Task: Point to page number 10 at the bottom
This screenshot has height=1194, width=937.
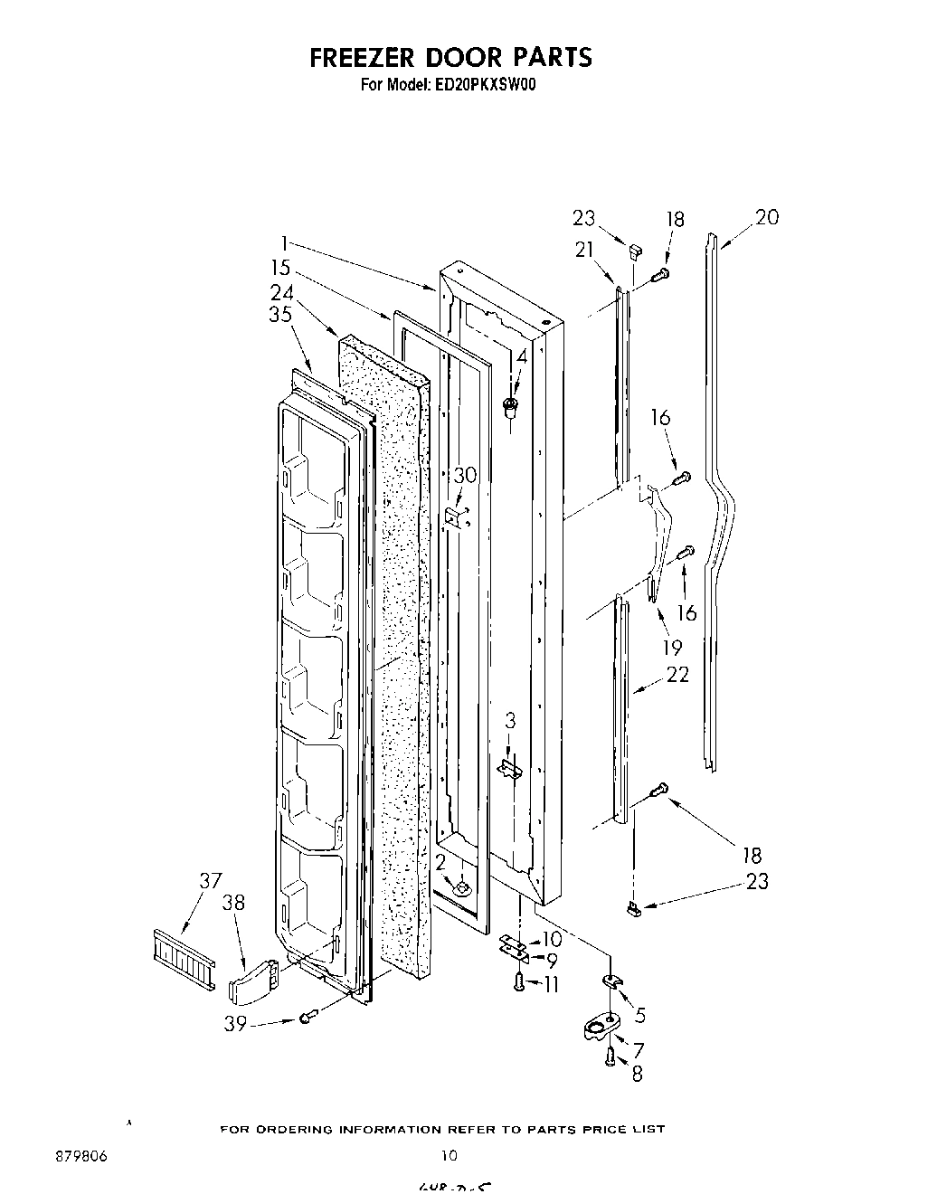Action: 450,1156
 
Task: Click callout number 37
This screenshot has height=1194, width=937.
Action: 210,881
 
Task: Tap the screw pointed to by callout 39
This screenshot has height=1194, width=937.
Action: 307,1019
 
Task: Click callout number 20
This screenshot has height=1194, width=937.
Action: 766,217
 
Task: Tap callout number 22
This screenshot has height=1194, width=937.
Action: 677,674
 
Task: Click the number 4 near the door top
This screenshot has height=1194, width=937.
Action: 520,356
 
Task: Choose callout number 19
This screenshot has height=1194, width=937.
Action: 672,648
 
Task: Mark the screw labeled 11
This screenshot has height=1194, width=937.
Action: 520,982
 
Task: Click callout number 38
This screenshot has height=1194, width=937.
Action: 233,902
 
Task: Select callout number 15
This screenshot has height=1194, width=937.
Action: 280,268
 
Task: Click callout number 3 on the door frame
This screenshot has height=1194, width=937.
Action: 510,720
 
